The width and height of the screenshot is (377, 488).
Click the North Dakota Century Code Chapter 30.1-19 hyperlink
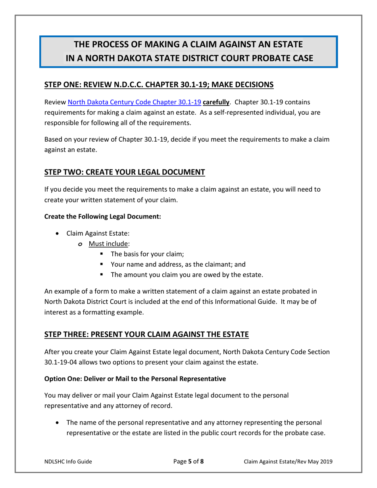(135, 102)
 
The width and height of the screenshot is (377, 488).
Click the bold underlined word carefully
(216, 102)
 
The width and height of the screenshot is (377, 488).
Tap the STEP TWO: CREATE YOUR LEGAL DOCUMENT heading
(125, 172)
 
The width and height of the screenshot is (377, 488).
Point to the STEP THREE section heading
(146, 334)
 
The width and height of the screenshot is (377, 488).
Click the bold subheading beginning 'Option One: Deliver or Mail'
(135, 378)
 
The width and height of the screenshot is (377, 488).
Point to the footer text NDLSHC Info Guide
(68, 461)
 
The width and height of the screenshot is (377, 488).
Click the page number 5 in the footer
(190, 461)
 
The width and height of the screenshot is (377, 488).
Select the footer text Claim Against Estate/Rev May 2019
(288, 461)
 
